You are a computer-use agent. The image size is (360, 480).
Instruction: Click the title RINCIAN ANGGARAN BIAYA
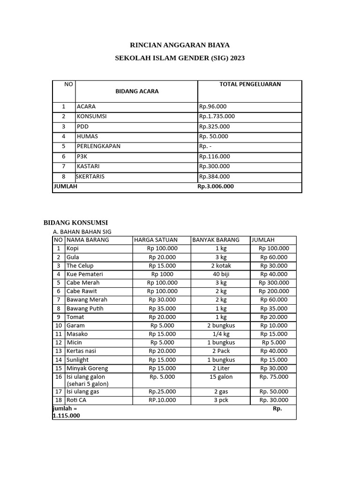click(x=180, y=45)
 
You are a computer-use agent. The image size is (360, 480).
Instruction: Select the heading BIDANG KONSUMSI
click(x=76, y=223)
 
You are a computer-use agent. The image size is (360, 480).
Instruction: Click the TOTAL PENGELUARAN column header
click(x=250, y=84)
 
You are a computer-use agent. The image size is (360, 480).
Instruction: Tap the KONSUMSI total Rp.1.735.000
click(x=217, y=116)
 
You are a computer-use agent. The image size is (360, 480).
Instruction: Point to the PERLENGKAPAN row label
click(x=98, y=146)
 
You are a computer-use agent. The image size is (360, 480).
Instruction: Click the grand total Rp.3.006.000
click(x=216, y=186)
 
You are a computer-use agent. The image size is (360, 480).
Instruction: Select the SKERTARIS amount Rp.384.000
click(x=214, y=177)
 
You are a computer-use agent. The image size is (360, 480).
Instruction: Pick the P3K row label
click(x=82, y=157)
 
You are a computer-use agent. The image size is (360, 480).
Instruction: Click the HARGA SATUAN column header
click(x=156, y=240)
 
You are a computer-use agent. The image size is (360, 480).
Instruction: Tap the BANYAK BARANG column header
click(x=216, y=240)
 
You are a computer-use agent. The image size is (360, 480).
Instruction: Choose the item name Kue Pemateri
click(x=85, y=274)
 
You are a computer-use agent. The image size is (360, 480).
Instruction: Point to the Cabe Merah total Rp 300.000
click(x=274, y=283)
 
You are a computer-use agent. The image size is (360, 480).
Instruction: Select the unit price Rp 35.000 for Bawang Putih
click(x=162, y=308)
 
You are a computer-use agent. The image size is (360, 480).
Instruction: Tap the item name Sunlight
click(x=77, y=360)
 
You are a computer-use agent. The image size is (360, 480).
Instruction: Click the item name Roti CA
click(x=76, y=400)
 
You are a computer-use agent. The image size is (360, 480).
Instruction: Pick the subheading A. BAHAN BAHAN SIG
click(x=82, y=232)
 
